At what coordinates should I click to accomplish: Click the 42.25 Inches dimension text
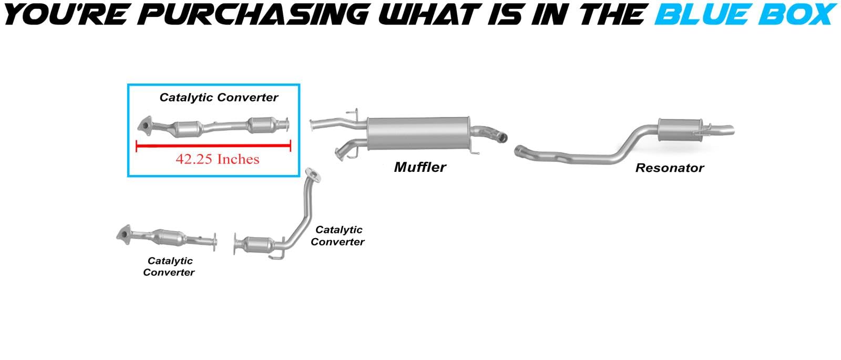tap(217, 159)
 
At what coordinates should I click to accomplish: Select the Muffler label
tap(420, 167)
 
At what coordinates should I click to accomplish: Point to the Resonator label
tap(669, 168)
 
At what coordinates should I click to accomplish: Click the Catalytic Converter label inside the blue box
tap(219, 97)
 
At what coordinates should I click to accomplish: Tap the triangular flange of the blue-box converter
tap(143, 127)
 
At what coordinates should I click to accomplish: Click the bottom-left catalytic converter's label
tap(169, 266)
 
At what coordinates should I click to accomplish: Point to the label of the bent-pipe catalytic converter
tap(337, 235)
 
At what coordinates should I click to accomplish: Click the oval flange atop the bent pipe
tap(313, 174)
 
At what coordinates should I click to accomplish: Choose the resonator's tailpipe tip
tap(728, 128)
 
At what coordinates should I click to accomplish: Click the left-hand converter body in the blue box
tap(189, 128)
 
